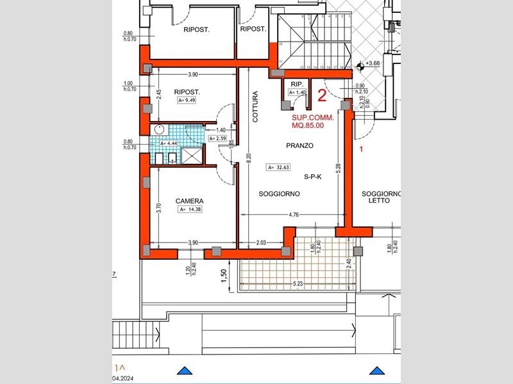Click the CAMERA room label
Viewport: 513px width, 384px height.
coord(189,200)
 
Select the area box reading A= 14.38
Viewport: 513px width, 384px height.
coord(189,209)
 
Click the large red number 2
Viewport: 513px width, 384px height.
coord(323,96)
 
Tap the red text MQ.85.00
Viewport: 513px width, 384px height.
coord(308,125)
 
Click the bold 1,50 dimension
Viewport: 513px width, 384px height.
coord(224,275)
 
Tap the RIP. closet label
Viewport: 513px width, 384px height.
coord(296,84)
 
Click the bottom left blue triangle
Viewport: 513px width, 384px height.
coord(185,371)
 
